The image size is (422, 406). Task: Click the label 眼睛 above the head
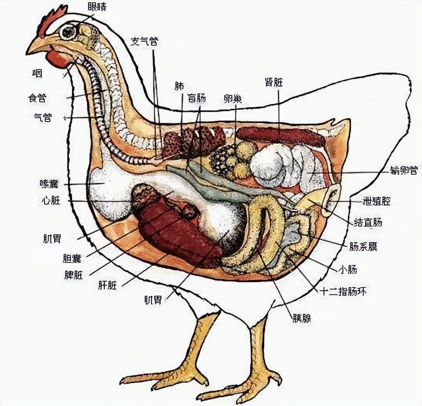97,6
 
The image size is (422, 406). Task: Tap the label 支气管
144,41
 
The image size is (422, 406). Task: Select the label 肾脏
274,82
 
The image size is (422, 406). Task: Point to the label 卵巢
233,99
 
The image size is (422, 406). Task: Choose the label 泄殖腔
376,201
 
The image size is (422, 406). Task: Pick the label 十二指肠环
343,292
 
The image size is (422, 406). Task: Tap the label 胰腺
302,318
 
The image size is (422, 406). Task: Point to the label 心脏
51,200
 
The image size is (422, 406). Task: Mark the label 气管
43,118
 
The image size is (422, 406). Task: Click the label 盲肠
196,98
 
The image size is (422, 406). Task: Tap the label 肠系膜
363,246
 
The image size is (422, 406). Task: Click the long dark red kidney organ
281,135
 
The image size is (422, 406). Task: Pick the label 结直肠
368,222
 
